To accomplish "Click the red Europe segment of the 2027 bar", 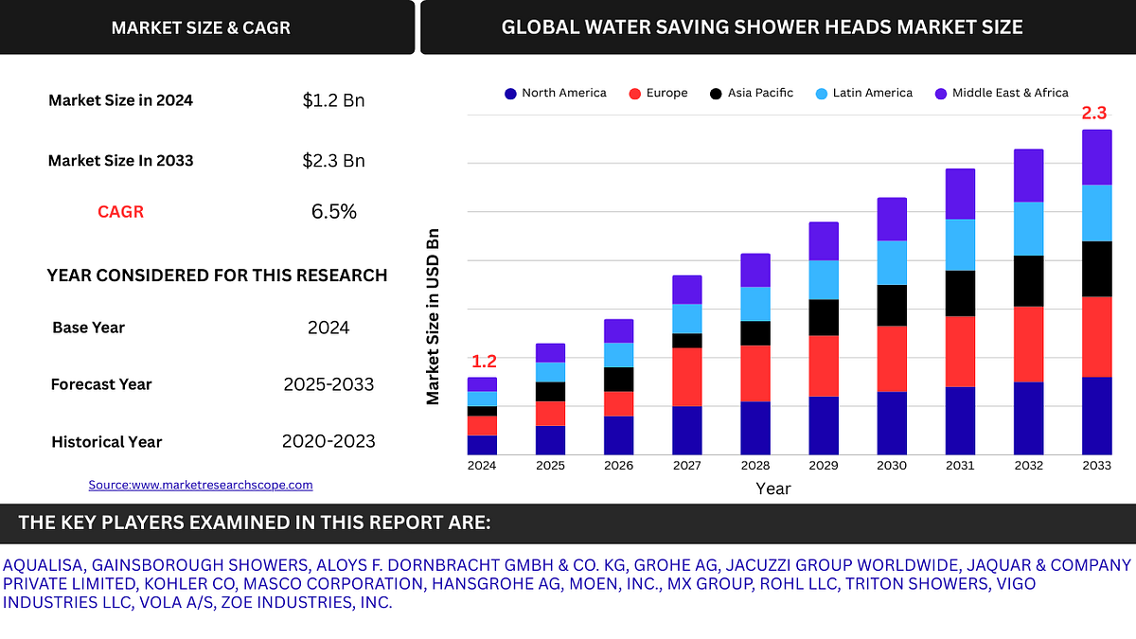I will click(x=687, y=377).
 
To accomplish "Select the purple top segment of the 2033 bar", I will click(x=1096, y=157).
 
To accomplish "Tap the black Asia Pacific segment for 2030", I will click(x=892, y=305).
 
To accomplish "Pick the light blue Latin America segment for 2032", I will click(x=1028, y=228).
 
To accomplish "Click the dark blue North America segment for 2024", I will click(x=482, y=445).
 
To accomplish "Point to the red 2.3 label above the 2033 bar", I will click(x=1093, y=114).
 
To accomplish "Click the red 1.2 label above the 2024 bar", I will click(x=484, y=362).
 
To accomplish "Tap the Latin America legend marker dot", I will click(x=820, y=94).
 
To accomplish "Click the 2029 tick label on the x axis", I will click(x=824, y=466).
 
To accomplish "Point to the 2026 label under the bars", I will click(x=618, y=466).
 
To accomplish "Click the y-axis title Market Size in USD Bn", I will click(x=434, y=316).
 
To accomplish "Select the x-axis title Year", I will click(x=772, y=488).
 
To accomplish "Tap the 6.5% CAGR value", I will click(x=333, y=212).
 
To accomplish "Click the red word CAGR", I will click(x=121, y=212).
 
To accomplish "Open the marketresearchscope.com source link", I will click(x=200, y=485).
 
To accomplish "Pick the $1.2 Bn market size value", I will click(x=333, y=100).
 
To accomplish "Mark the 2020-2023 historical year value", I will click(x=328, y=441).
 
